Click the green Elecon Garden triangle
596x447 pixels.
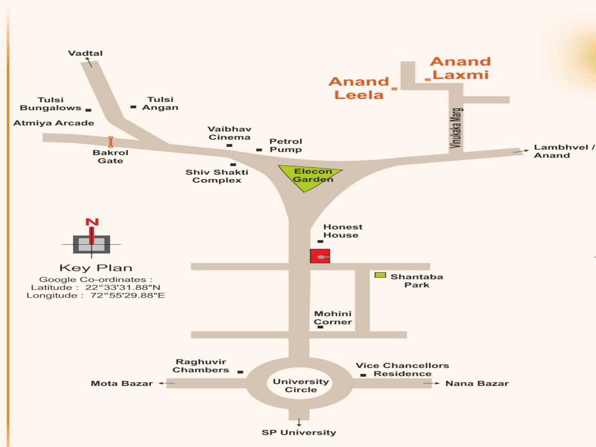pyautogui.click(x=307, y=176)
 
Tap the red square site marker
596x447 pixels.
pyautogui.click(x=320, y=256)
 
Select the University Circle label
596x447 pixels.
pyautogui.click(x=300, y=385)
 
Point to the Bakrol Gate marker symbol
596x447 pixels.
pyautogui.click(x=111, y=142)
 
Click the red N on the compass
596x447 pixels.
pyautogui.click(x=92, y=222)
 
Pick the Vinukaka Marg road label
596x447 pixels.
pyautogui.click(x=456, y=128)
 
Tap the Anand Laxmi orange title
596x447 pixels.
pyautogui.click(x=460, y=68)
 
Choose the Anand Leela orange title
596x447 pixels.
pyautogui.click(x=359, y=88)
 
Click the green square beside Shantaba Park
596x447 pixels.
pyautogui.click(x=380, y=275)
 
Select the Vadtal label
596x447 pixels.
pyautogui.click(x=85, y=53)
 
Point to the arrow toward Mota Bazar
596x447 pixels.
pyautogui.click(x=167, y=383)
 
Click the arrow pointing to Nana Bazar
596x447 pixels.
pyautogui.click(x=432, y=383)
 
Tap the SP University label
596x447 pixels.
pyautogui.click(x=298, y=432)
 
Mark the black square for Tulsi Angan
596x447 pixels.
pyautogui.click(x=133, y=107)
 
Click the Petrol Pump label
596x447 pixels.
pyautogui.click(x=286, y=146)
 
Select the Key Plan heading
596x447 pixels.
pyautogui.click(x=96, y=268)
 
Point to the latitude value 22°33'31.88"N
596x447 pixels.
pyautogui.click(x=123, y=288)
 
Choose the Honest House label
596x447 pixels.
pyautogui.click(x=343, y=231)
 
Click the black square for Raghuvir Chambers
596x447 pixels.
pyautogui.click(x=240, y=372)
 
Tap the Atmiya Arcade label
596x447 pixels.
pyautogui.click(x=54, y=123)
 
